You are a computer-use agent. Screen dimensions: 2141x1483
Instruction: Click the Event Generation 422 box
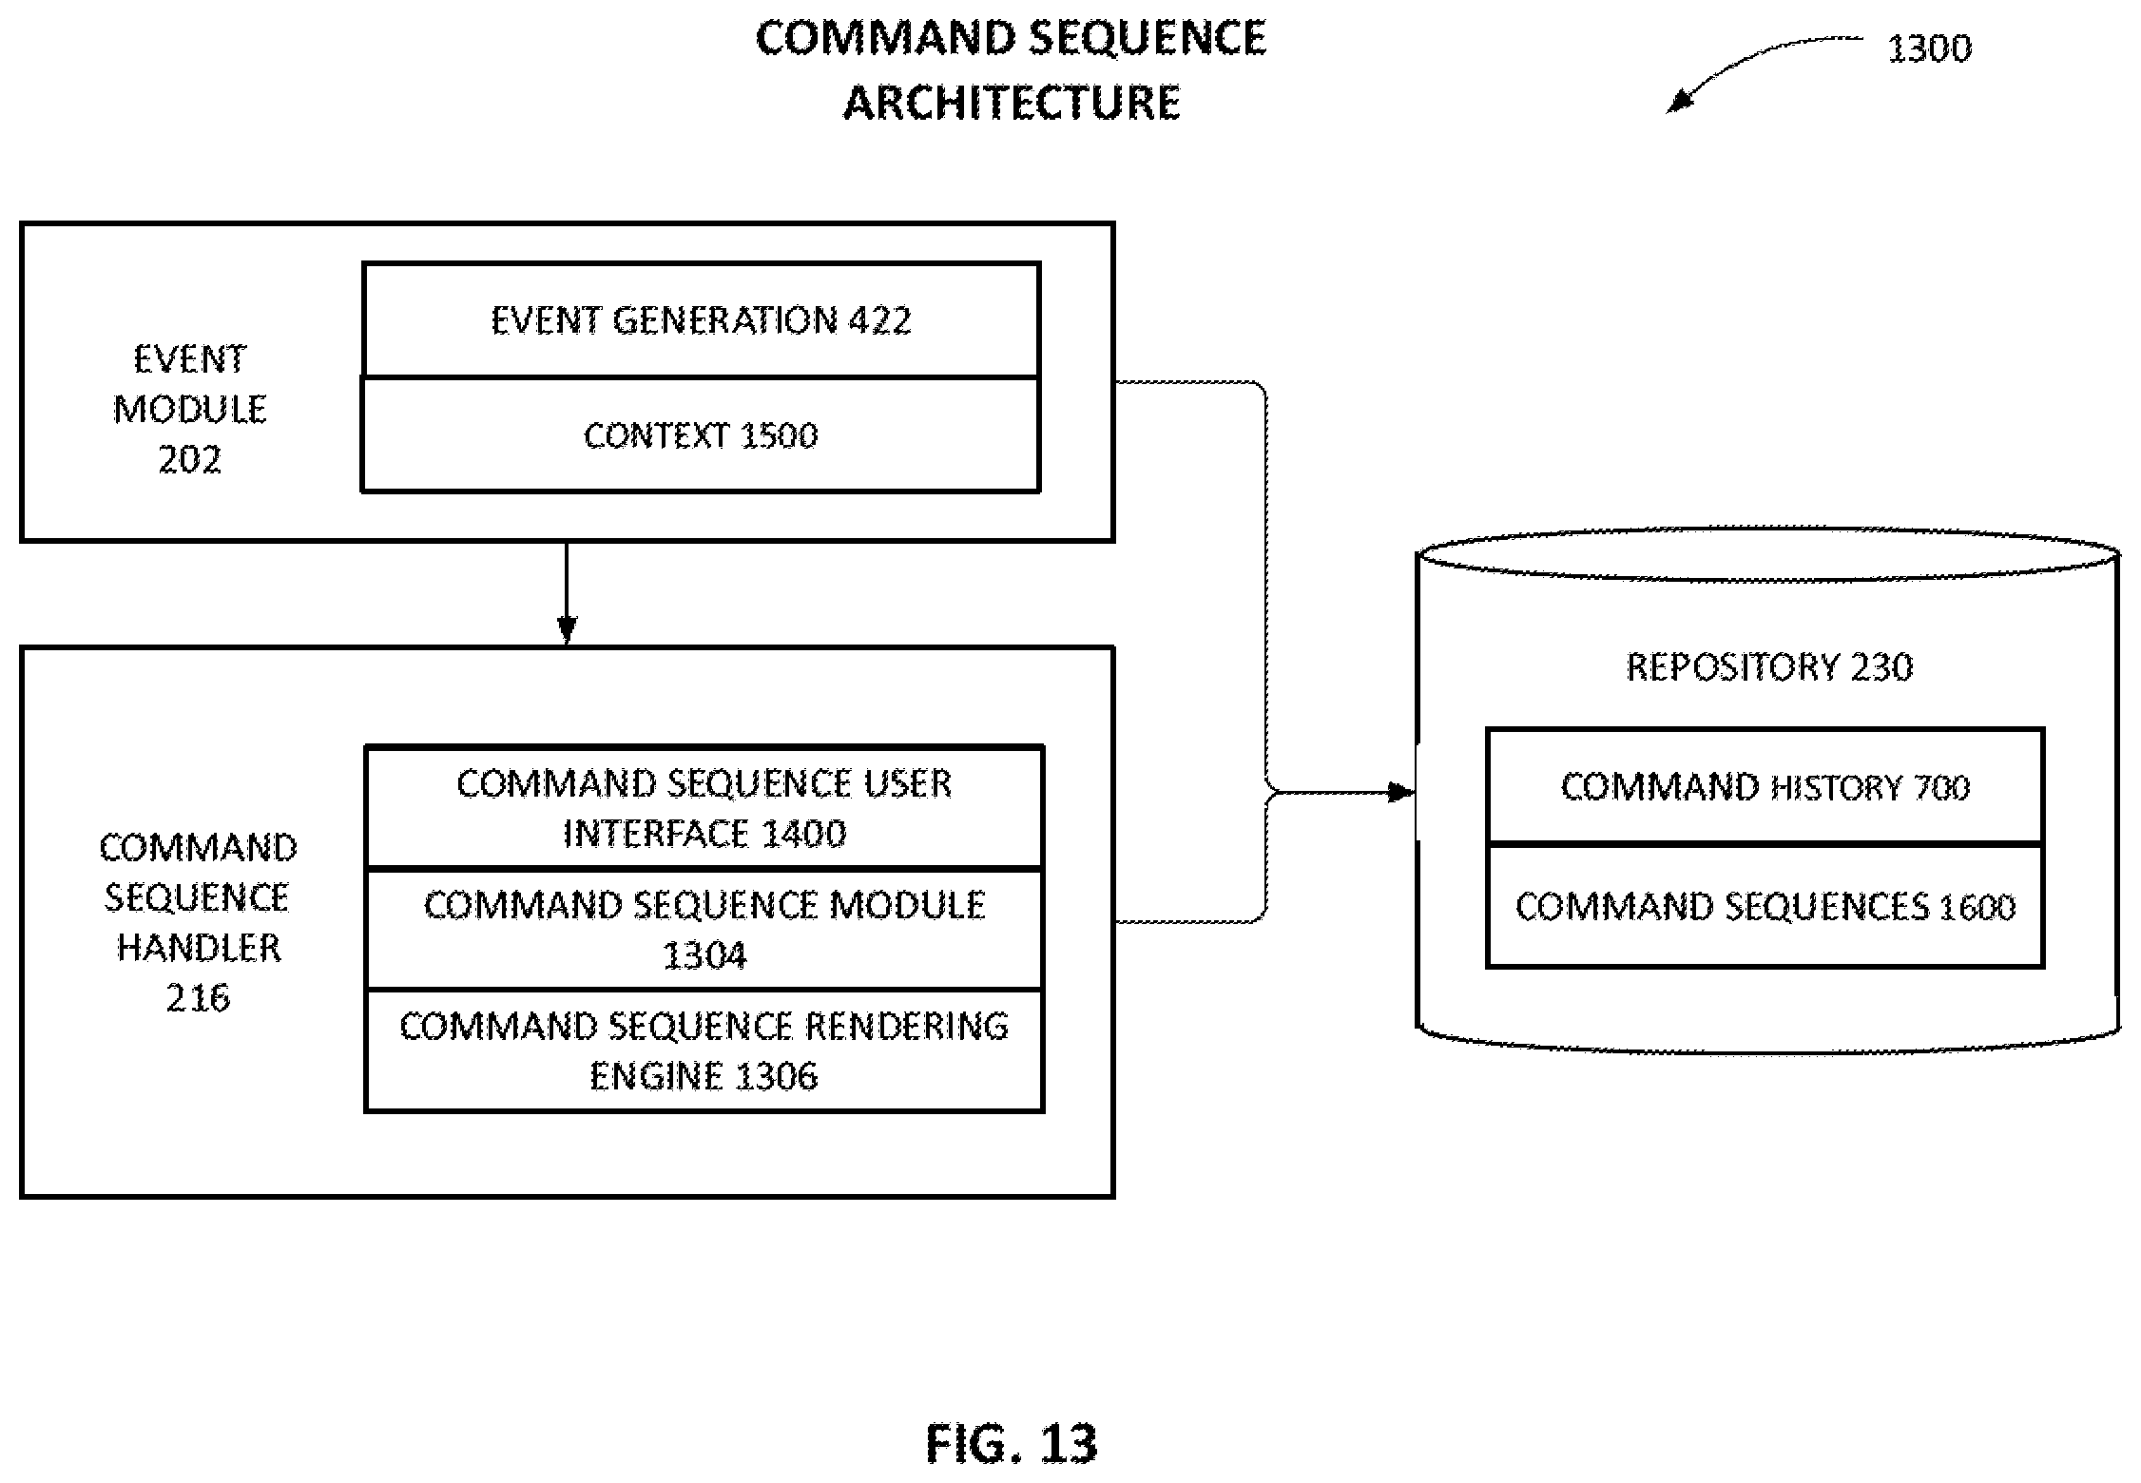click(x=701, y=319)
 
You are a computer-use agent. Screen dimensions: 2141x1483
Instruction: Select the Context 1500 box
click(x=701, y=434)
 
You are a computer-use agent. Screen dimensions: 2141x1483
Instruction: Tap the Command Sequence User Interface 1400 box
click(x=704, y=807)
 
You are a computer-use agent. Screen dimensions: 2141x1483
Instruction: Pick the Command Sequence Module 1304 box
click(x=704, y=929)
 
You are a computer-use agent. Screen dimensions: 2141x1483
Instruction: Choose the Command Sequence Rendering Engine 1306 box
click(x=704, y=1050)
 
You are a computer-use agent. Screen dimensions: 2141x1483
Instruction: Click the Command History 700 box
click(x=1765, y=786)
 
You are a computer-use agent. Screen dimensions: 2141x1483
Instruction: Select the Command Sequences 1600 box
click(x=1765, y=906)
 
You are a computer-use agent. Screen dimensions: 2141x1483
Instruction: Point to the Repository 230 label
click(x=1769, y=666)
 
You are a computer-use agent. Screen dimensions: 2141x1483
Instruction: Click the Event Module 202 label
click(x=190, y=409)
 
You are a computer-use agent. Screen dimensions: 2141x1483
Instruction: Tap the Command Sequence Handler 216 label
click(x=198, y=922)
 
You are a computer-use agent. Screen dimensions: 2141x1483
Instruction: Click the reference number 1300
click(x=1929, y=48)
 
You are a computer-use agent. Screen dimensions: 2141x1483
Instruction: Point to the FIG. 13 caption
click(x=1012, y=1443)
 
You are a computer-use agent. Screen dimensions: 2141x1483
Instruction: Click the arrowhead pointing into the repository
click(x=1402, y=792)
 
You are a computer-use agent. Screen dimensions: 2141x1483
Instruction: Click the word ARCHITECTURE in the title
click(x=1012, y=102)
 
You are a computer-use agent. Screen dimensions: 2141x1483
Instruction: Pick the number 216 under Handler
click(x=198, y=997)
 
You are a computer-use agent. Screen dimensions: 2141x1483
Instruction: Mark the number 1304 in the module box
click(x=704, y=954)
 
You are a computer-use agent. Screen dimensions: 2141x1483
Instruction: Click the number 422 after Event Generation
click(x=879, y=319)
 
